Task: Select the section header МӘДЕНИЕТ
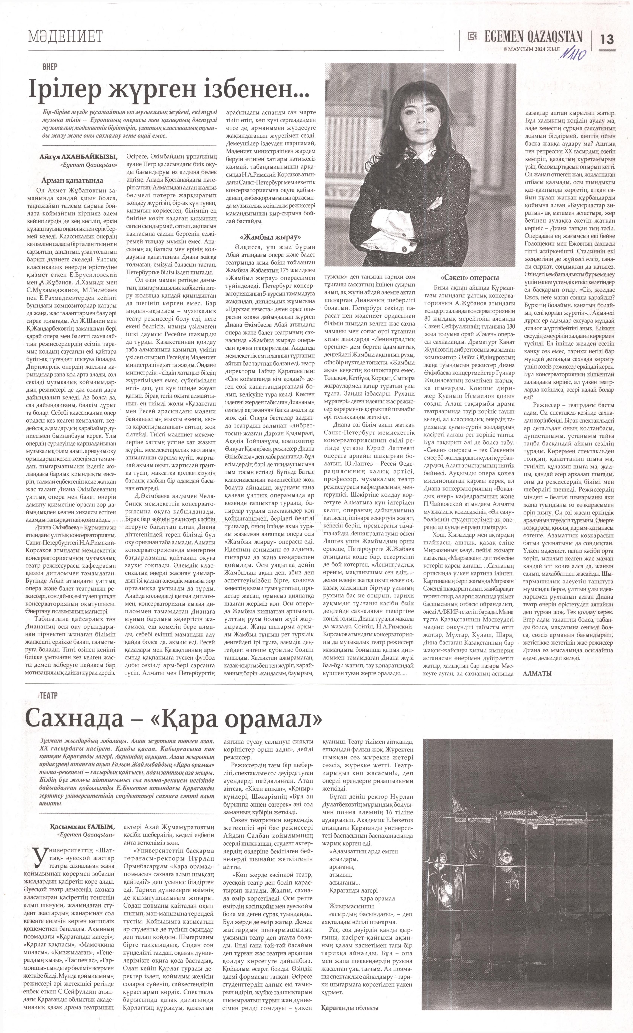tap(65, 37)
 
